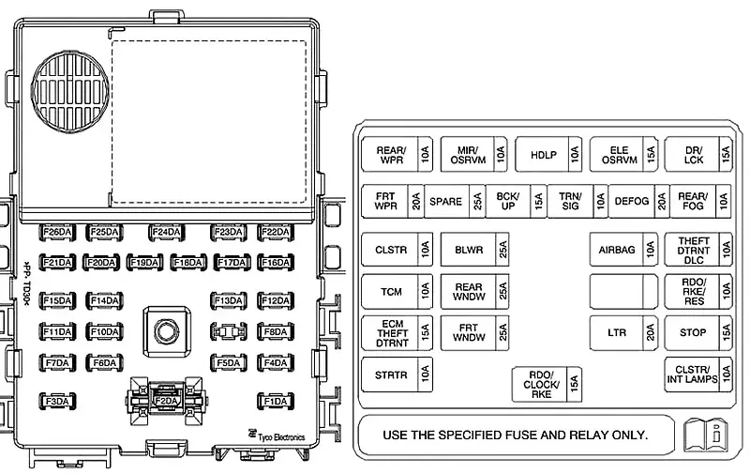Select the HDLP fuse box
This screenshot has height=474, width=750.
coord(544,154)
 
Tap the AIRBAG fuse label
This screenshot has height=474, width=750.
coord(617,250)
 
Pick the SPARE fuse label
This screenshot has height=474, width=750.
coord(446,201)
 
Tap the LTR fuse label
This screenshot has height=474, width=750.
coord(617,332)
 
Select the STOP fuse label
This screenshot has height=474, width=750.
coord(693,332)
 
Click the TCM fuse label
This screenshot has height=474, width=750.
coord(390,292)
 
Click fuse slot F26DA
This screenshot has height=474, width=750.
coord(57,232)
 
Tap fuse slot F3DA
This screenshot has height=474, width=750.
coord(57,402)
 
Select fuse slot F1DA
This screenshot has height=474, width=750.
coord(276,402)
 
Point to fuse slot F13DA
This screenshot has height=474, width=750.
coord(228,300)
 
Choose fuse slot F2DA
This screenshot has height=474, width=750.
coord(166,401)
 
